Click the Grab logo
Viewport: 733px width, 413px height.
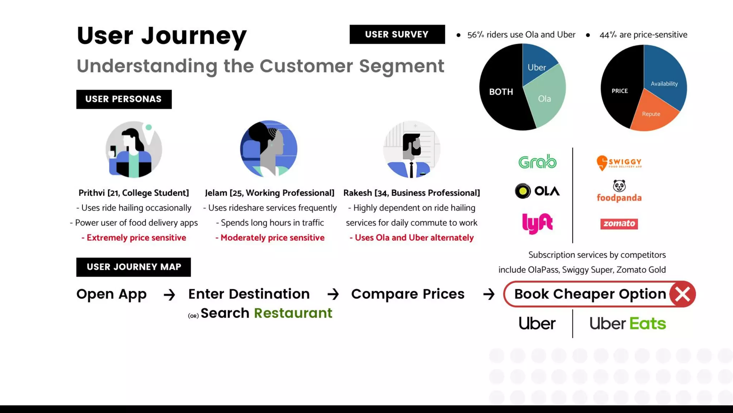pos(537,162)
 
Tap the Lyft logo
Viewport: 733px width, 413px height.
pos(537,223)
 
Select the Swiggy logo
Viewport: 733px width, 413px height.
pos(619,163)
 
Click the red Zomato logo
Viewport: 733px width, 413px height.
pos(619,224)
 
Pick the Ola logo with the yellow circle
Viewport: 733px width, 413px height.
pos(537,191)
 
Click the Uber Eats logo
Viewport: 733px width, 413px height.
pos(627,323)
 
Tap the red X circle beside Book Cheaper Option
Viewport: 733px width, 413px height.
pos(682,294)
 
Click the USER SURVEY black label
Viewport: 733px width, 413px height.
pos(397,34)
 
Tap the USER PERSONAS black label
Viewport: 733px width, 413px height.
pos(124,99)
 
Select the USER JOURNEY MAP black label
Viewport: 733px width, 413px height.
pos(134,267)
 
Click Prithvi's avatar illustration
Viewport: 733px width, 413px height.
pos(134,149)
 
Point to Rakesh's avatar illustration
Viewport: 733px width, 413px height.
pos(412,149)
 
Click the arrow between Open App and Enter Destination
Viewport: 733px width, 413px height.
pos(169,295)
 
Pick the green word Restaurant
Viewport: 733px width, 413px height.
pos(293,313)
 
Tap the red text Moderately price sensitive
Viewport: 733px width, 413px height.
pos(270,238)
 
